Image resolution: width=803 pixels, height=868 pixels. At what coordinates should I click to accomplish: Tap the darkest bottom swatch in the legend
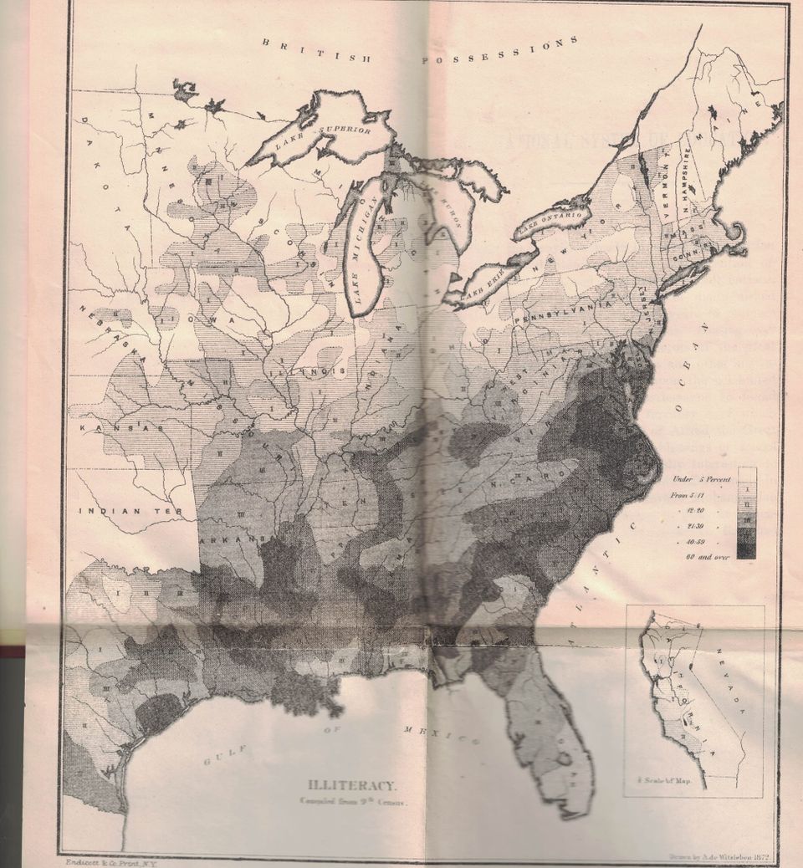pos(747,550)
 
